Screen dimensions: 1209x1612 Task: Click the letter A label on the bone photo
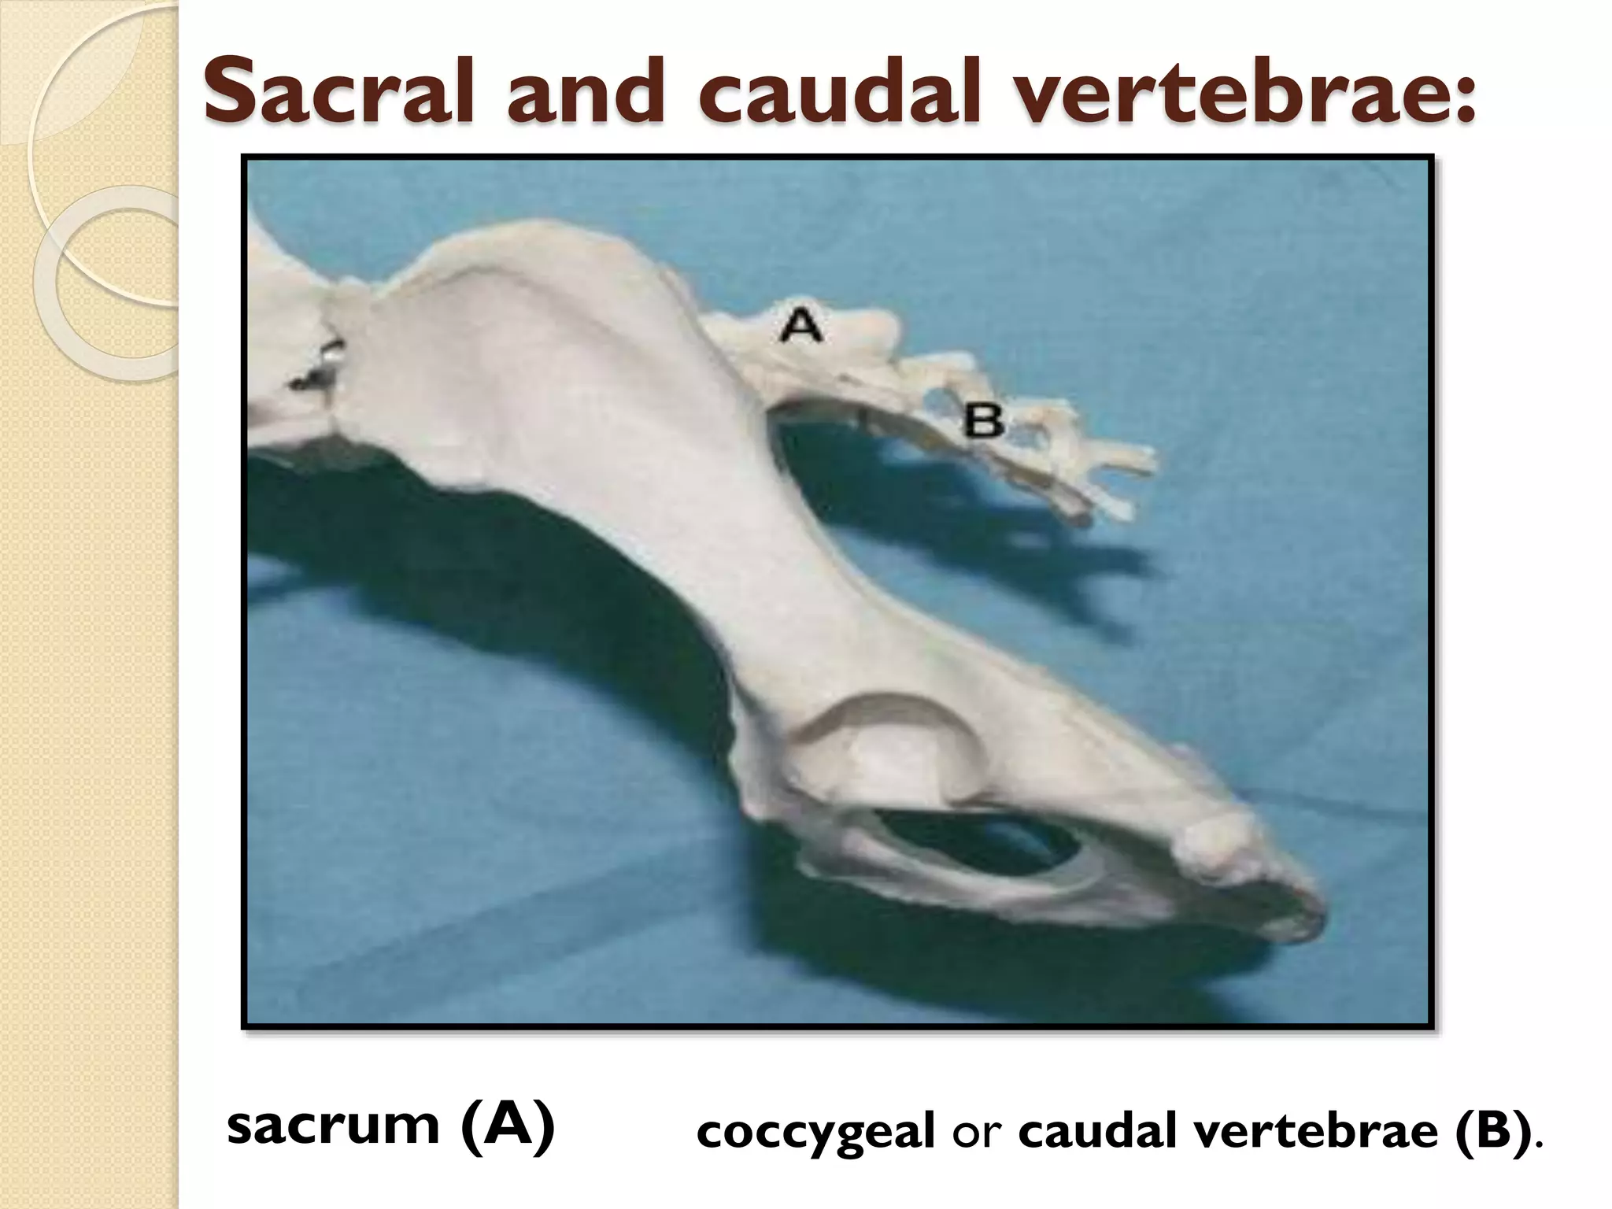800,324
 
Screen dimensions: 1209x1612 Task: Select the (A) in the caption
508,1127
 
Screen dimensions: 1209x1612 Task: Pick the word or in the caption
976,1134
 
